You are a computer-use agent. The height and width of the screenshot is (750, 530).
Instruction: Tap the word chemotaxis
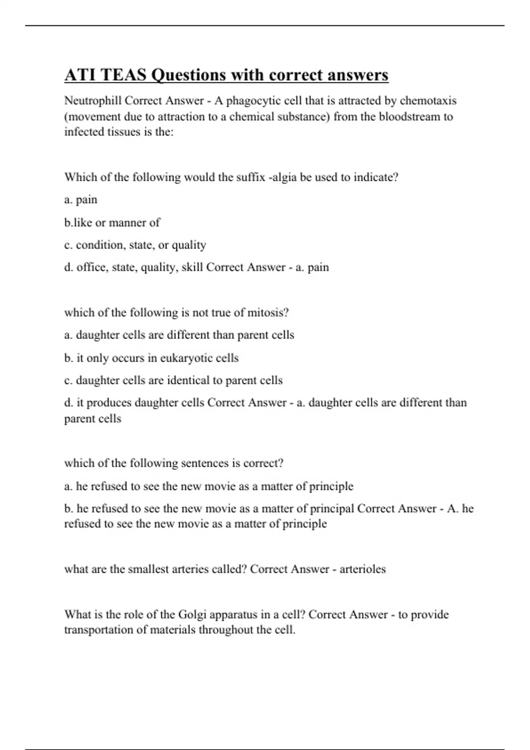point(428,101)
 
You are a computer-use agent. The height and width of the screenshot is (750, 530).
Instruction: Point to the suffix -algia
point(282,177)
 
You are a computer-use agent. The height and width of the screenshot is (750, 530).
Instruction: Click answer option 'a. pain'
point(81,200)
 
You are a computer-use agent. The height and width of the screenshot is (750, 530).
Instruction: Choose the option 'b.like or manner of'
point(112,222)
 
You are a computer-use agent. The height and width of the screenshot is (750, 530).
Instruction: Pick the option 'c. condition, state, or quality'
point(135,245)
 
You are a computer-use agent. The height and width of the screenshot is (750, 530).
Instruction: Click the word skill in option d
point(192,267)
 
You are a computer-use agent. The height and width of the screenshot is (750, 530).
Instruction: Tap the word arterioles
point(362,569)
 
